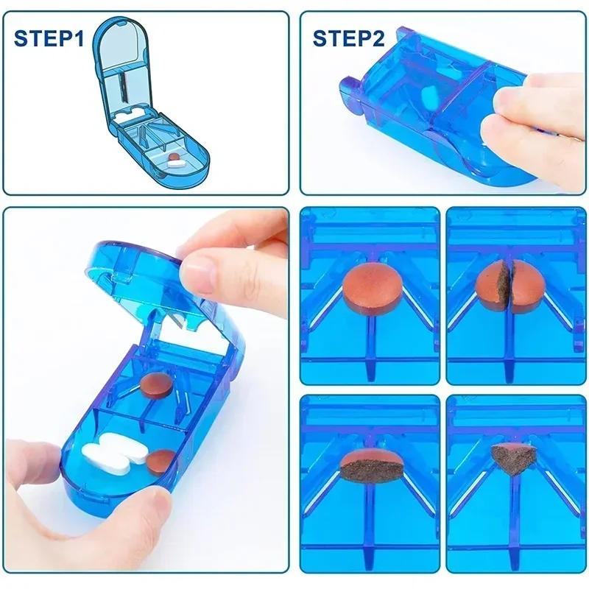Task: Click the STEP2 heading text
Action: (x=348, y=38)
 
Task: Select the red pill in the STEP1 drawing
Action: (x=174, y=157)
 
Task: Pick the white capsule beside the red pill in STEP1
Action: (x=176, y=165)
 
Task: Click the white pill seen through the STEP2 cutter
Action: (x=429, y=97)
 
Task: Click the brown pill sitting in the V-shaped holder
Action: (x=155, y=384)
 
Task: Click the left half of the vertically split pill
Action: (x=491, y=287)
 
